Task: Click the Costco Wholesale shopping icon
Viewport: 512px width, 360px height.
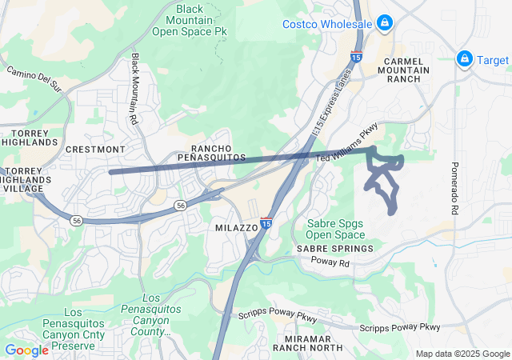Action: (385, 22)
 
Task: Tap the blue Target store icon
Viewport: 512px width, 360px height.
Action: (463, 59)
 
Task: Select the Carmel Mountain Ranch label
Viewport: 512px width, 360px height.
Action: (406, 70)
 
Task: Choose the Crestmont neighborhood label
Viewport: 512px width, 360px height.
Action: (95, 150)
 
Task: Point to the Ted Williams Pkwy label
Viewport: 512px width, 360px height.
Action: (346, 143)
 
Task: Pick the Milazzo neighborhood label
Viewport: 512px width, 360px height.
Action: (236, 228)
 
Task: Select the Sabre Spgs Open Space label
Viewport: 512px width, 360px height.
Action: (335, 229)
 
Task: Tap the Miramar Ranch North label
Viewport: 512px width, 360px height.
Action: (307, 342)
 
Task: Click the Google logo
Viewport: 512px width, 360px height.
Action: (26, 350)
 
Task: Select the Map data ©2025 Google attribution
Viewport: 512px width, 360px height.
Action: (462, 354)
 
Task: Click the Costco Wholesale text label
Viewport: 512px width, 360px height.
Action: (327, 24)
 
